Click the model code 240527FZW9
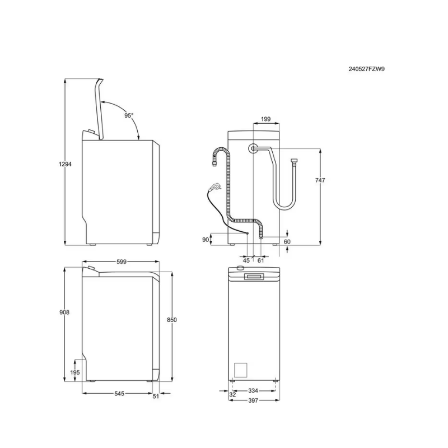click(366, 69)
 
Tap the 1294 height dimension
click(65, 164)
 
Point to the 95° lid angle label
click(129, 115)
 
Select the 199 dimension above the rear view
click(265, 119)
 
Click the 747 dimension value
click(320, 180)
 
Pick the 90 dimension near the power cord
click(206, 240)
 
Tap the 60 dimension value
click(287, 242)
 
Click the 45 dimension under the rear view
click(246, 260)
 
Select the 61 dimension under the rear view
click(260, 260)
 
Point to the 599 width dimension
click(122, 262)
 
